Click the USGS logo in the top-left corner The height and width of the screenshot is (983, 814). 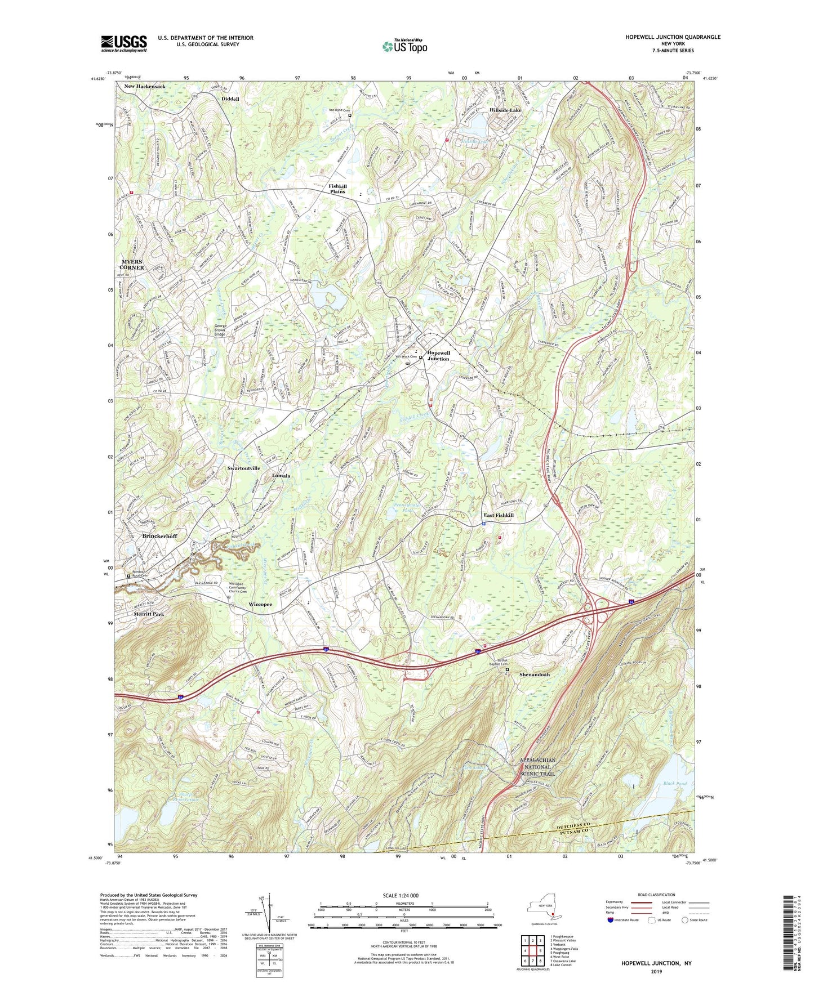coord(124,43)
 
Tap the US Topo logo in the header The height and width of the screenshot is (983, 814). coord(404,46)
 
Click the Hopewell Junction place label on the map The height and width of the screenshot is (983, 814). coord(438,356)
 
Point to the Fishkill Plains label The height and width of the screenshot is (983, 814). coord(337,189)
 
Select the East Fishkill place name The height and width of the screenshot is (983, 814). coord(499,515)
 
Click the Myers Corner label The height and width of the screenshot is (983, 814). coord(133,265)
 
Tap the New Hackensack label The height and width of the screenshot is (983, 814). coord(145,86)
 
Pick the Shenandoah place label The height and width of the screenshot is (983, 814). coord(534,674)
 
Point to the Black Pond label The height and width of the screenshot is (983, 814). coord(674,784)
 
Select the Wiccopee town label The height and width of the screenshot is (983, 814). coord(260,604)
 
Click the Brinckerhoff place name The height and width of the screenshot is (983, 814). coord(159,536)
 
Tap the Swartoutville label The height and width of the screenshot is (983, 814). coord(243,468)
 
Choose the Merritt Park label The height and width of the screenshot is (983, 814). coord(149,614)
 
